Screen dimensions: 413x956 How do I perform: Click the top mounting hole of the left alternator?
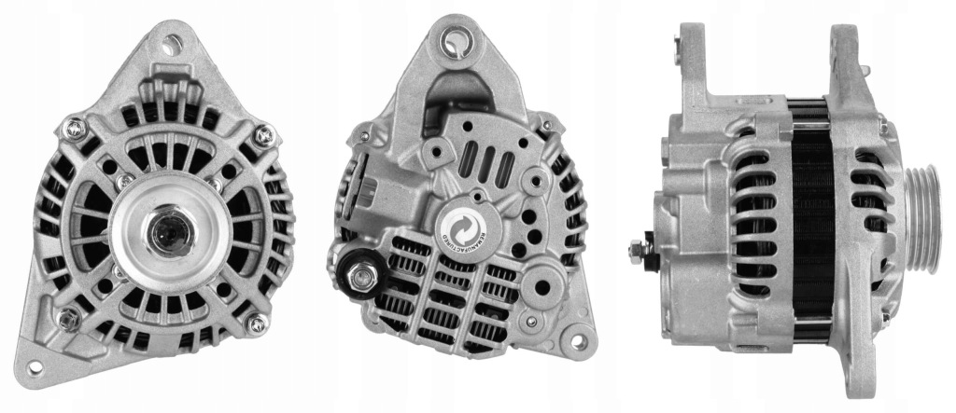click(173, 41)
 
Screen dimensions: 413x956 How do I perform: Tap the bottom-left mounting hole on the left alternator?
click(36, 365)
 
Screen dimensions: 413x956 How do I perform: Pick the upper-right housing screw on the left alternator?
click(264, 136)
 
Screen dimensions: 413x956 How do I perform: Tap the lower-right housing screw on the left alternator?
click(256, 324)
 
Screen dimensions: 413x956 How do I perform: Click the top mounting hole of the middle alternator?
click(457, 41)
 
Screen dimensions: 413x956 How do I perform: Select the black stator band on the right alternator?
click(811, 224)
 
